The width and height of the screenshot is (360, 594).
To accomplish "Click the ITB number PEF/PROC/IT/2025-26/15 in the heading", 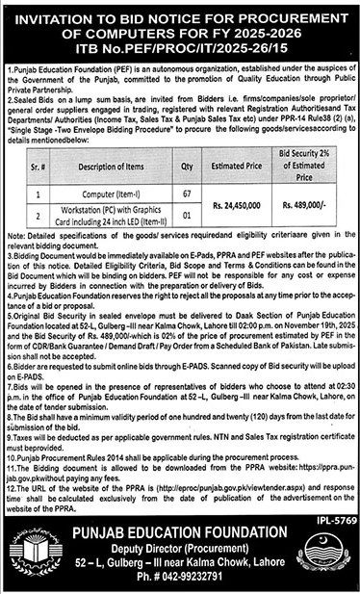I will point(179,44).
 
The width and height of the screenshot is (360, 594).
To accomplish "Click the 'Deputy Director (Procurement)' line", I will point(179,555).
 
